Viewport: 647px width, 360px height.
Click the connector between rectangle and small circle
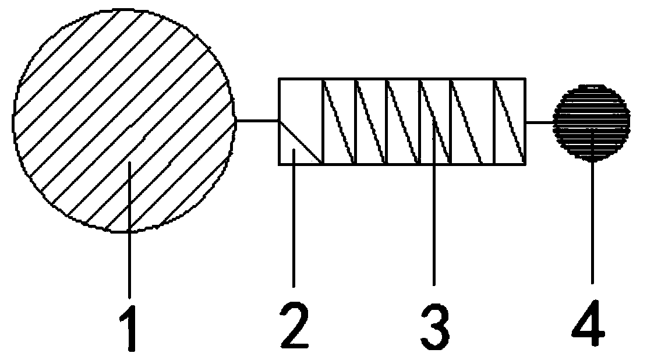coord(539,122)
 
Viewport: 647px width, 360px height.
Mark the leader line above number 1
coord(129,233)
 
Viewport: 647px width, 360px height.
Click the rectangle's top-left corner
coord(280,78)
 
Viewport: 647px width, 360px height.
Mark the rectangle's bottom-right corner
coord(525,164)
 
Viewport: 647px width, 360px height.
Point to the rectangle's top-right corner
coord(525,78)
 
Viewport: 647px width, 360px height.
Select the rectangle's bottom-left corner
coord(280,164)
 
